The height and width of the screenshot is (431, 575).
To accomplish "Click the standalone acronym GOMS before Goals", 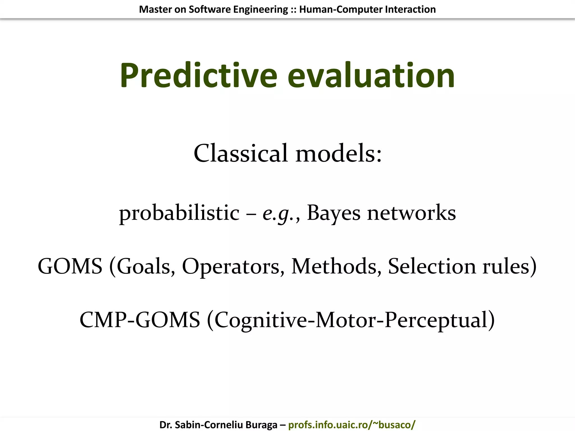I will pos(70,266).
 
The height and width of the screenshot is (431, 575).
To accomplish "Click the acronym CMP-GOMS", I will pos(140,320).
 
